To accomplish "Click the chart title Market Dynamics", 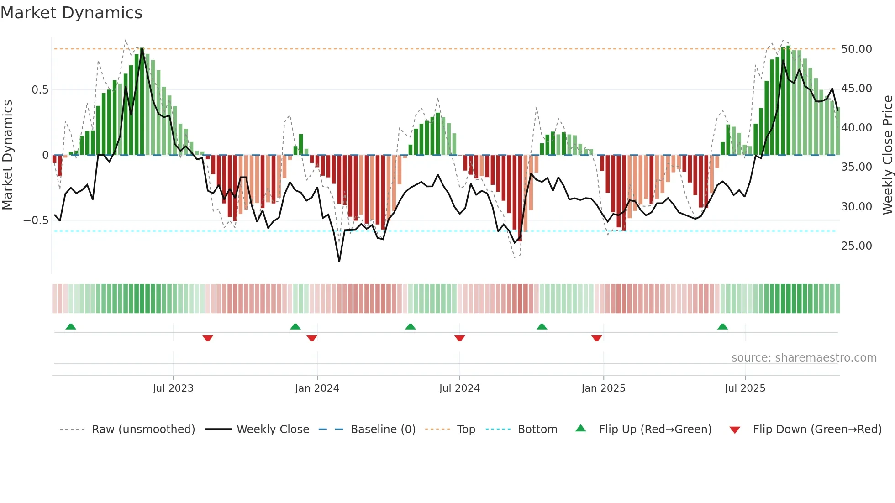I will (71, 13).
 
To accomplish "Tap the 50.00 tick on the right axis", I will (856, 49).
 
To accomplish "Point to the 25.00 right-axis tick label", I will (856, 246).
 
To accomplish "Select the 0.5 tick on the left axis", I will (40, 90).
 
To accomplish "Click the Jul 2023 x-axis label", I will (173, 388).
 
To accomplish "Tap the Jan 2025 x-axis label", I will (603, 388).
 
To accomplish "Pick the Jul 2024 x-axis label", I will (459, 388).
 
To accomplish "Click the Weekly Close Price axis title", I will (887, 155).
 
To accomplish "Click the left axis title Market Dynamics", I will (7, 155).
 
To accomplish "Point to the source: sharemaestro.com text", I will (804, 358).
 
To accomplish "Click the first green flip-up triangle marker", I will (71, 327).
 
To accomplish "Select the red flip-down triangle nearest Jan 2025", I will (596, 338).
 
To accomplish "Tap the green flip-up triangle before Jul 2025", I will (722, 327).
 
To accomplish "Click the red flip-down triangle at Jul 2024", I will (460, 338).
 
